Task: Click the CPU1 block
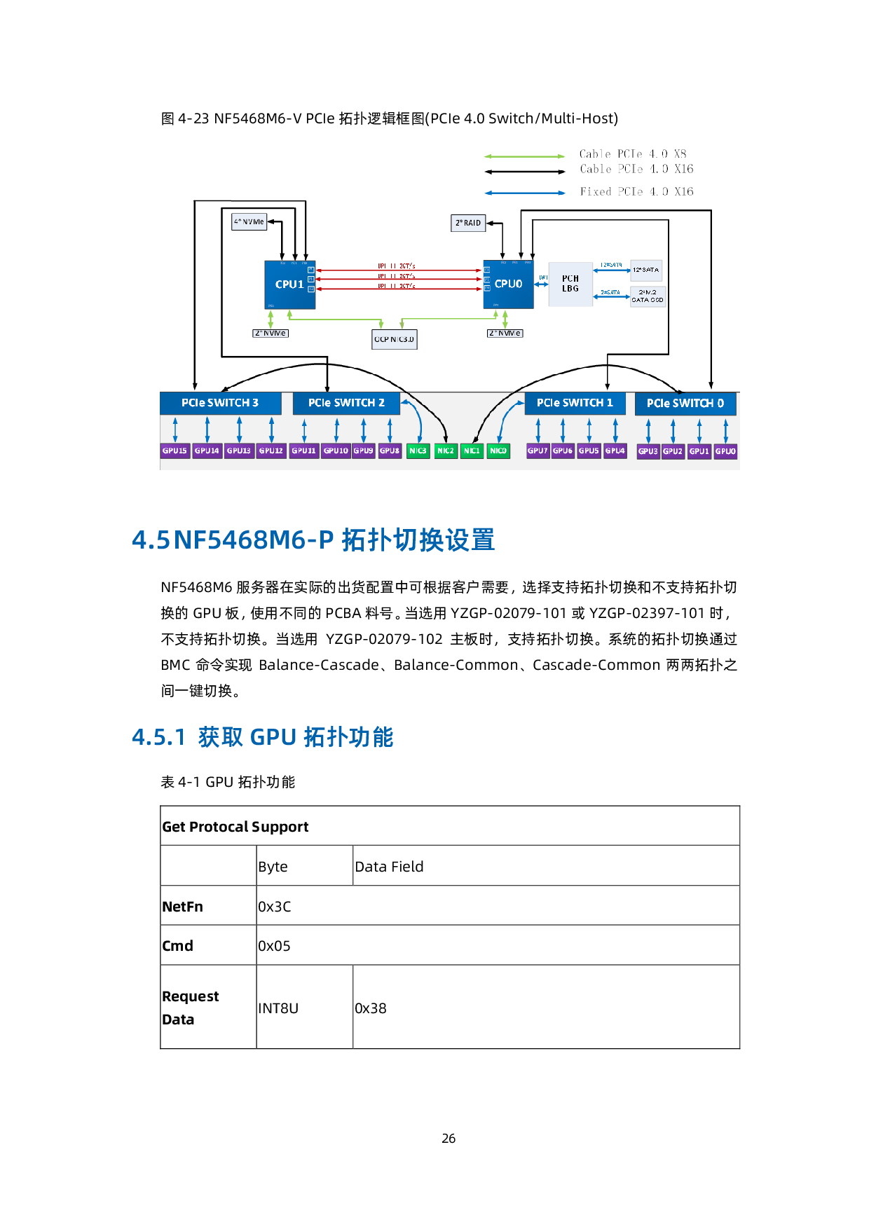pyautogui.click(x=289, y=284)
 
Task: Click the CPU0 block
pyautogui.click(x=508, y=284)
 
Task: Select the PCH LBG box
pyautogui.click(x=570, y=284)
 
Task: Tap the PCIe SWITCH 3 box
pyautogui.click(x=220, y=403)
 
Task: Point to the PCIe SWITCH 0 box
pyautogui.click(x=685, y=404)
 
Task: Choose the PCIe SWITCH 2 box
pyautogui.click(x=346, y=403)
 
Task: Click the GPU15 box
pyautogui.click(x=175, y=451)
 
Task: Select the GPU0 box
pyautogui.click(x=725, y=451)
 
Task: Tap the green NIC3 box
pyautogui.click(x=418, y=451)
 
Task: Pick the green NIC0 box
pyautogui.click(x=498, y=451)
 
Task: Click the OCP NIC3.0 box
pyautogui.click(x=394, y=339)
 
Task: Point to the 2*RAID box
pyautogui.click(x=468, y=223)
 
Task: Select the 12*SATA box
pyautogui.click(x=645, y=270)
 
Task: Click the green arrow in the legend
pyautogui.click(x=524, y=156)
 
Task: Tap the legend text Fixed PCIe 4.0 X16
pyautogui.click(x=636, y=192)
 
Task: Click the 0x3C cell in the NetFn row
pyautogui.click(x=275, y=907)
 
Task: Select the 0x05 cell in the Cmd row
pyautogui.click(x=274, y=946)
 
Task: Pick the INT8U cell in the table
pyautogui.click(x=278, y=1008)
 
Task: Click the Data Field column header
pyautogui.click(x=389, y=867)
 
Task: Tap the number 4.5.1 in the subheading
pyautogui.click(x=158, y=737)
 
